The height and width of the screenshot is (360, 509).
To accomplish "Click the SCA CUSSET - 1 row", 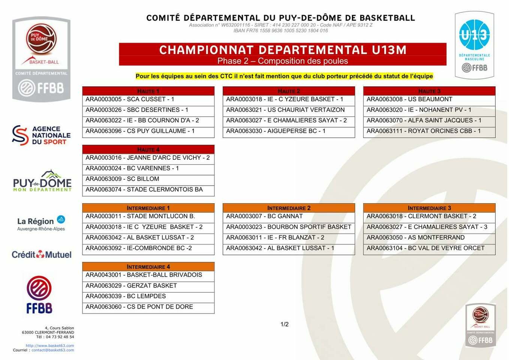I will point(148,99).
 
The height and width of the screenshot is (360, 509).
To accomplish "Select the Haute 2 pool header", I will point(289,91).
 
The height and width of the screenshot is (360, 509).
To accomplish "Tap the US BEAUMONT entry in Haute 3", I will point(429,99).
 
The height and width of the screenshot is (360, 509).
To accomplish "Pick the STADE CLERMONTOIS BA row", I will point(148,190).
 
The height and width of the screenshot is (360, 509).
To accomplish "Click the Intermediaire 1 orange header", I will point(148,208).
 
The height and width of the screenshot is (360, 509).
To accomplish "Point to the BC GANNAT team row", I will point(289,216).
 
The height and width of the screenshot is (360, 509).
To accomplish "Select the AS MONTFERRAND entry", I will point(429,238).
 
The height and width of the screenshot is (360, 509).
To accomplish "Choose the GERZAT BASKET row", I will point(148,286).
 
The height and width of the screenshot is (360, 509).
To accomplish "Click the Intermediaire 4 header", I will point(148,267).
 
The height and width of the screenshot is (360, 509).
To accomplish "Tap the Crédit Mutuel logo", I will point(42,255).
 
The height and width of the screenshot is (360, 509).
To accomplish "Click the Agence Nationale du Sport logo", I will point(41,135).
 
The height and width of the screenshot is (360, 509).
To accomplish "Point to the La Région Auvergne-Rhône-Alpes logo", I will point(41,223).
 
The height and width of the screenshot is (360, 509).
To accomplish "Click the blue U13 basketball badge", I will point(475,35).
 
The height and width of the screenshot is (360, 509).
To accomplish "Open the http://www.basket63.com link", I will point(50,346).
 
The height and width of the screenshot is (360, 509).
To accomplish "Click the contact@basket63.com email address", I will point(53,350).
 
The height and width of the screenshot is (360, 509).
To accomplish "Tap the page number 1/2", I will point(284,324).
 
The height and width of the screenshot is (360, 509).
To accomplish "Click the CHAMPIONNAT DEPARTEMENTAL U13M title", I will point(283,50).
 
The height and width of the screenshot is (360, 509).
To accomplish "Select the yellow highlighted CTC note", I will point(284,76).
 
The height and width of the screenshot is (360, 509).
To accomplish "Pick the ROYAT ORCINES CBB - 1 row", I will point(429,131).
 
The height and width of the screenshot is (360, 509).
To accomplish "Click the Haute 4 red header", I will point(148,150).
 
